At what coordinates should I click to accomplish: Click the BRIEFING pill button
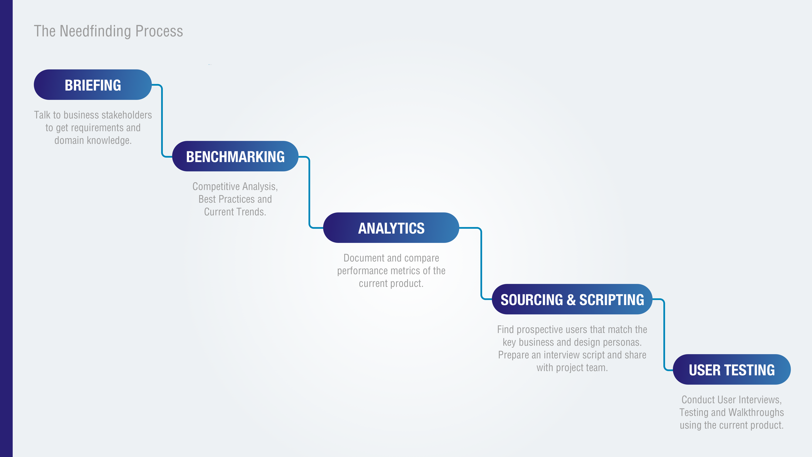pyautogui.click(x=93, y=85)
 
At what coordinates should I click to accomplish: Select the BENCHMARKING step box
pyautogui.click(x=235, y=156)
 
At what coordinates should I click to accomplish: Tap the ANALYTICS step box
pyautogui.click(x=391, y=228)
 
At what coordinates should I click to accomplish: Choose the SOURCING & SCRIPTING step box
pyautogui.click(x=572, y=299)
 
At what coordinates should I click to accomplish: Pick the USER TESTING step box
pyautogui.click(x=731, y=370)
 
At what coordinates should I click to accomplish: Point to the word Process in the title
pyautogui.click(x=159, y=31)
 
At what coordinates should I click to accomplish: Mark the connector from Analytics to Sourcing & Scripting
pyautogui.click(x=481, y=263)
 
